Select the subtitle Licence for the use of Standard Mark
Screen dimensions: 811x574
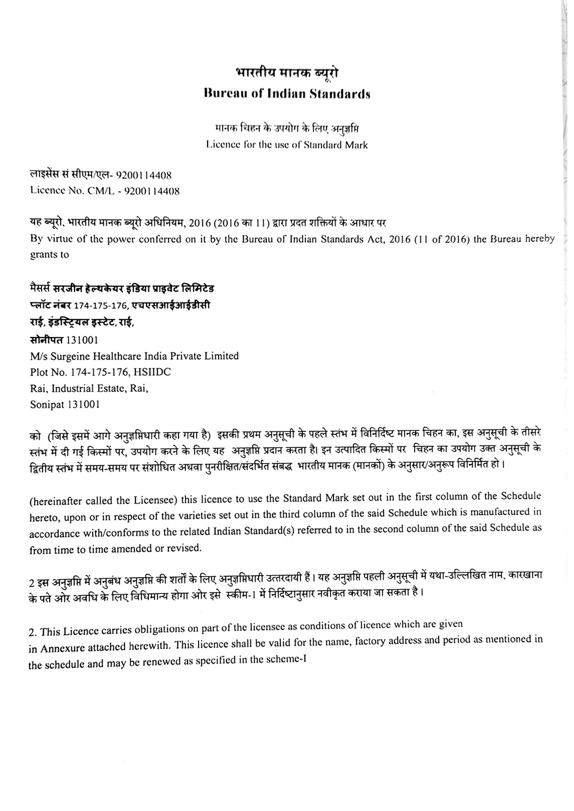pyautogui.click(x=287, y=145)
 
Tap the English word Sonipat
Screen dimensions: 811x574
pyautogui.click(x=47, y=405)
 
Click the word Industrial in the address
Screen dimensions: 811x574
pyautogui.click(x=77, y=388)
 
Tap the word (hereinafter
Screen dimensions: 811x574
pyautogui.click(x=55, y=501)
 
